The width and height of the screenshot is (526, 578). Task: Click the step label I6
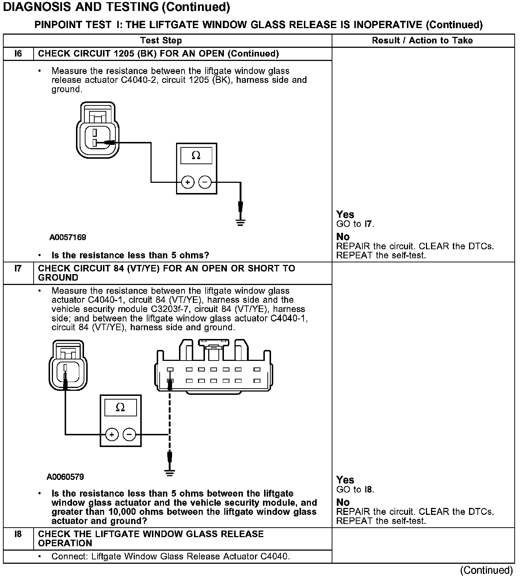tap(18, 54)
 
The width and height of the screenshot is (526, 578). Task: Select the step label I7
tap(18, 269)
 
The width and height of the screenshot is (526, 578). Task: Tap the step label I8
tap(18, 534)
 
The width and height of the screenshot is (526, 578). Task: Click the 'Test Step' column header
tap(161, 41)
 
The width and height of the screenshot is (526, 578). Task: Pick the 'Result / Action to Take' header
tap(422, 41)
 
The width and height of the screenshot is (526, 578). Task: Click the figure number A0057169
tap(68, 238)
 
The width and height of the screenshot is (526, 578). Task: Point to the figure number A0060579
tap(65, 477)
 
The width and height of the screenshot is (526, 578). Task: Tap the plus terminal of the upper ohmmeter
tap(188, 182)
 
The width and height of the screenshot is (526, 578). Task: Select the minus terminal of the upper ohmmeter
tap(205, 182)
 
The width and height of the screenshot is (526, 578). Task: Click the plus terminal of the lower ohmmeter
tap(112, 435)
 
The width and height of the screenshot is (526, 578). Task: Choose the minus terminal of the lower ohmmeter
tap(129, 435)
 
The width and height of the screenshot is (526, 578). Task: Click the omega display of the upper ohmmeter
tap(196, 156)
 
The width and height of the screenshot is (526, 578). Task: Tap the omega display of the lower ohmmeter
tap(120, 408)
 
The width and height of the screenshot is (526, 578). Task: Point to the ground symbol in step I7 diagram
tap(169, 473)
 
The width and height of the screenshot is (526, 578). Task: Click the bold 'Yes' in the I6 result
tap(345, 215)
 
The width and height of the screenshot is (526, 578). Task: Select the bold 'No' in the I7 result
tap(343, 502)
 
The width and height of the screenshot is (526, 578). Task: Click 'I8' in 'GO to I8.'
tap(369, 490)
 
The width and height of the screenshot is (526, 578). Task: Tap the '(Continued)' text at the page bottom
tap(487, 570)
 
